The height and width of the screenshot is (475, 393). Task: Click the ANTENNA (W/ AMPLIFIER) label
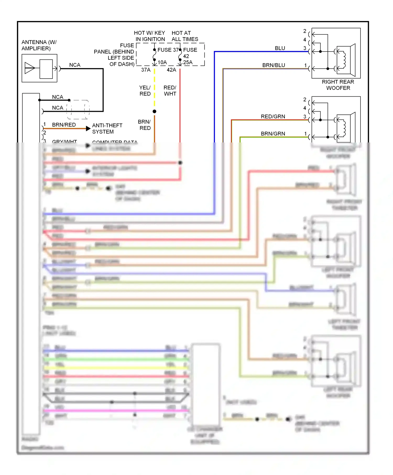(39, 45)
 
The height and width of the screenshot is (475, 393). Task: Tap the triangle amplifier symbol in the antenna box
(30, 68)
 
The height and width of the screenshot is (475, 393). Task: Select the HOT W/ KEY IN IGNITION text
(150, 36)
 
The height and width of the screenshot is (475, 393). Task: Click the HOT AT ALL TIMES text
(185, 36)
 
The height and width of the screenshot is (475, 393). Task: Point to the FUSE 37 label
(168, 50)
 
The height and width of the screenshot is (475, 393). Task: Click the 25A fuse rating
(188, 62)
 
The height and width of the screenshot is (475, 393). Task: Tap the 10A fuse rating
(162, 62)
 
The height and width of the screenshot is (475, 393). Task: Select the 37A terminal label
(146, 70)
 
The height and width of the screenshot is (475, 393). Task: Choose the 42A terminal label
(171, 70)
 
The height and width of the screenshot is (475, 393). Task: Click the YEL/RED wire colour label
(145, 91)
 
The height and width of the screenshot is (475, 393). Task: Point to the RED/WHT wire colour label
(170, 91)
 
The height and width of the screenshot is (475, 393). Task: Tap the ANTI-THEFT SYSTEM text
(107, 129)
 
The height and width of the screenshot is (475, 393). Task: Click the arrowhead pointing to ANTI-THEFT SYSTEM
(88, 128)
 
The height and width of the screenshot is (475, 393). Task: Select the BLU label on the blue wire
(280, 48)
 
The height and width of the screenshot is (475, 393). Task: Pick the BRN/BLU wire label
(274, 65)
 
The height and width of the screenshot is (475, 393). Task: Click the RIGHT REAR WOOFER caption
(338, 85)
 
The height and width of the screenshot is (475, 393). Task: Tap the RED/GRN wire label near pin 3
(273, 117)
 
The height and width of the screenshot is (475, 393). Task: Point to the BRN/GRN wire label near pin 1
(273, 134)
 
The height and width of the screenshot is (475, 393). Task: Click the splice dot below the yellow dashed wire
(155, 112)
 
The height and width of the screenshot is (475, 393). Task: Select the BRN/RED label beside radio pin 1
(64, 125)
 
